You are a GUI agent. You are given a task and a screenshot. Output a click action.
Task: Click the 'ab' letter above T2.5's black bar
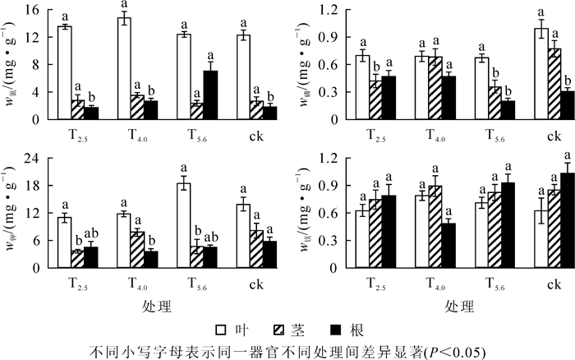pos(91,232)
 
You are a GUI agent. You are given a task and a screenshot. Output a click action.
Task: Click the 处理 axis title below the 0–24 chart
pos(155,308)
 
